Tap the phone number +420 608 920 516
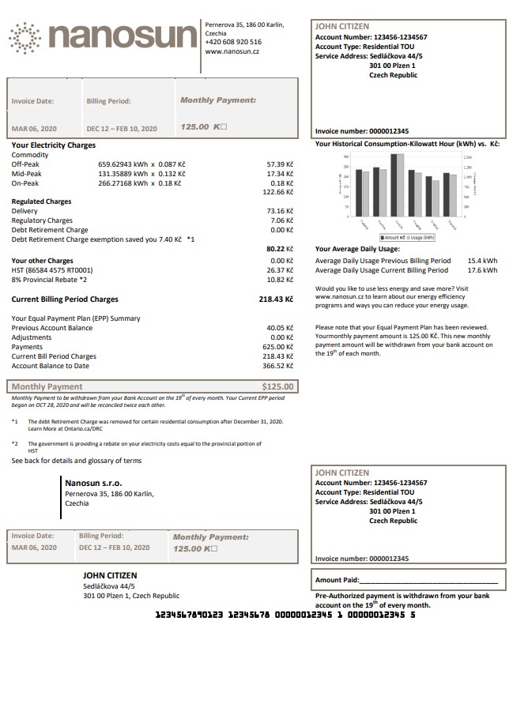pyautogui.click(x=233, y=42)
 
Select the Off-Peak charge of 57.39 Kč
pyautogui.click(x=280, y=164)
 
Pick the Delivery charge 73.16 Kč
pyautogui.click(x=280, y=211)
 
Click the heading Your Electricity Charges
pyautogui.click(x=54, y=145)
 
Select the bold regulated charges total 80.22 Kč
pyautogui.click(x=280, y=249)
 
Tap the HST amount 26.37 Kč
pyautogui.click(x=280, y=269)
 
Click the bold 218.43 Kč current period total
pyautogui.click(x=276, y=299)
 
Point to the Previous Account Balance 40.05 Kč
pyautogui.click(x=280, y=327)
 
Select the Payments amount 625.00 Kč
pyautogui.click(x=278, y=347)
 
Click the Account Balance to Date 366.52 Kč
pyautogui.click(x=278, y=366)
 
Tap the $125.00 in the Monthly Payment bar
pyautogui.click(x=277, y=386)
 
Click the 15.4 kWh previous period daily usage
pyautogui.click(x=482, y=260)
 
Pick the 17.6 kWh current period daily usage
pyautogui.click(x=482, y=269)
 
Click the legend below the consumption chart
pyautogui.click(x=407, y=236)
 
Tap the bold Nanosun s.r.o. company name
pyautogui.click(x=93, y=483)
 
